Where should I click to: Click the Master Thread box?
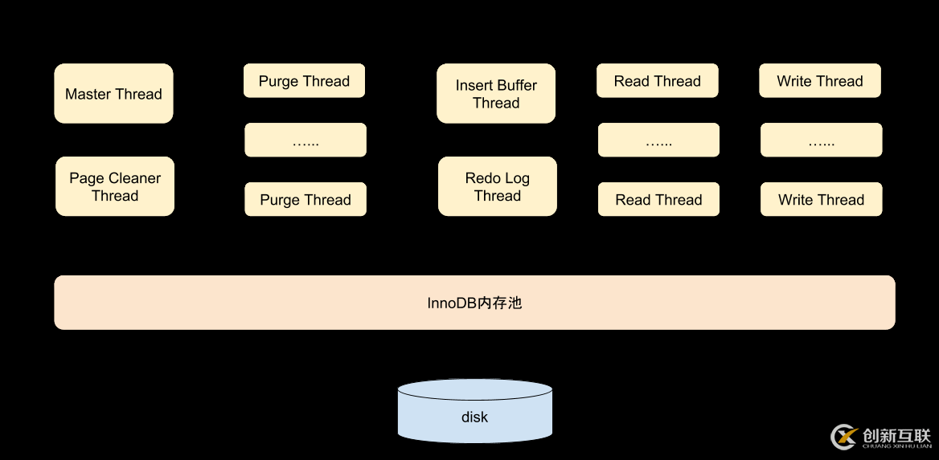click(113, 94)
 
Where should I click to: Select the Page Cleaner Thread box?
click(115, 186)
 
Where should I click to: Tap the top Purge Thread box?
click(304, 81)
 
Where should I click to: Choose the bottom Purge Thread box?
click(305, 200)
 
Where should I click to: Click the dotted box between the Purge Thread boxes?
click(305, 140)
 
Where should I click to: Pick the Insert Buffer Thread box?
click(496, 94)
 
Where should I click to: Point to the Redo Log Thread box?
click(498, 186)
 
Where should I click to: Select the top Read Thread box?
click(658, 81)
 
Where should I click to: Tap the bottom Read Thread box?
click(659, 200)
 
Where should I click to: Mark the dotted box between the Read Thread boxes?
click(659, 140)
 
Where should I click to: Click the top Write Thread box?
click(820, 81)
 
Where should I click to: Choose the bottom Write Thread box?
click(822, 200)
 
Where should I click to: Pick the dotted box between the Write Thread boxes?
click(822, 140)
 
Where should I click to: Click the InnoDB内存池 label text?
click(474, 303)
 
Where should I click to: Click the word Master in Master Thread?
click(88, 94)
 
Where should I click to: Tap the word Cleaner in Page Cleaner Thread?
click(135, 178)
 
